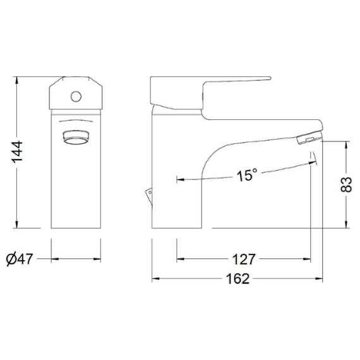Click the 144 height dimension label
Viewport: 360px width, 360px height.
[x=18, y=152]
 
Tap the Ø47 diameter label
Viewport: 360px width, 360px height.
[x=20, y=259]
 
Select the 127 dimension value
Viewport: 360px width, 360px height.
[x=244, y=259]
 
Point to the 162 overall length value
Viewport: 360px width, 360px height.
[x=238, y=279]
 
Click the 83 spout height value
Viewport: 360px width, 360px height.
[x=345, y=184]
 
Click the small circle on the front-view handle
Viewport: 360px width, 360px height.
[x=76, y=97]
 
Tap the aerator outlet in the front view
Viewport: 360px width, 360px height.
[x=76, y=137]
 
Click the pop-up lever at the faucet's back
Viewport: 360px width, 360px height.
[x=148, y=195]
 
